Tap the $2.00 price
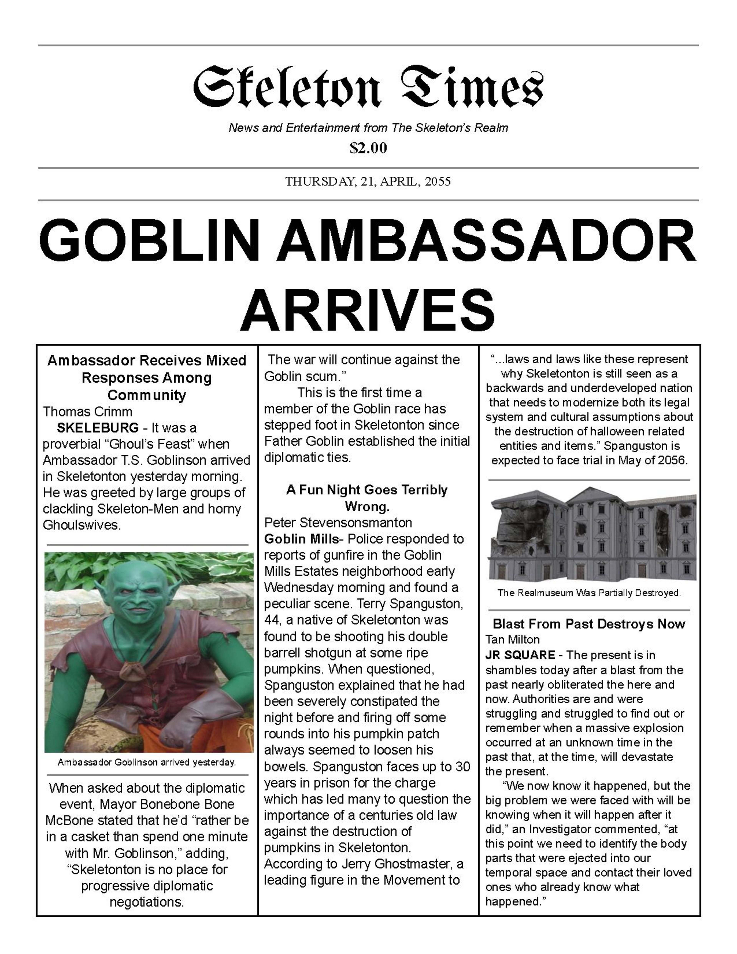368,148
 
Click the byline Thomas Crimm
87,411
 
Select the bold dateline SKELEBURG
98,428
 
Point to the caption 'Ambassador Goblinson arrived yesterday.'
147,762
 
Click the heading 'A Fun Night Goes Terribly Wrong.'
367,498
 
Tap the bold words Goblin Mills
301,539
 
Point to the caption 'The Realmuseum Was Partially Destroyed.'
589,593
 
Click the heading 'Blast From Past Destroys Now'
589,624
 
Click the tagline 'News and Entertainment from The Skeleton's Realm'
368,128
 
